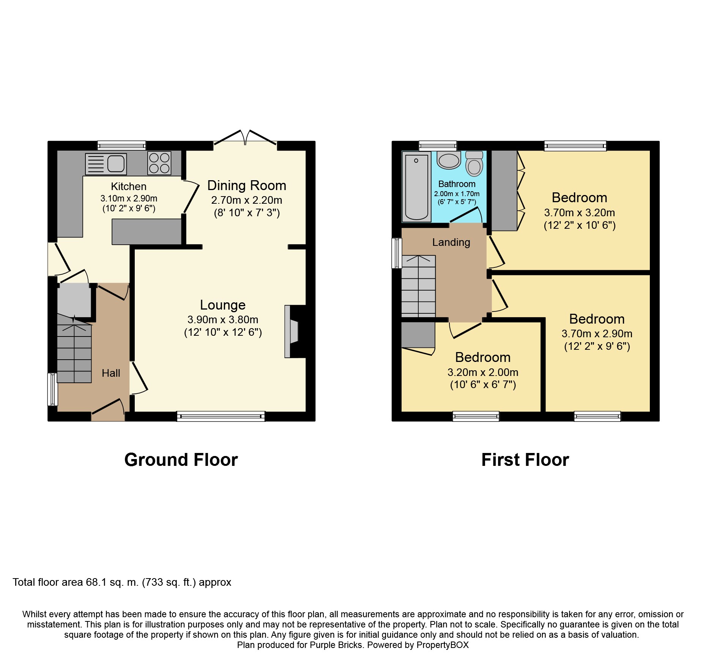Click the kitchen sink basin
pyautogui.click(x=116, y=164)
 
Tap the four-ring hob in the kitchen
pyautogui.click(x=159, y=163)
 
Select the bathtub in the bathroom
pyautogui.click(x=416, y=187)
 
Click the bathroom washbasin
pyautogui.click(x=449, y=160)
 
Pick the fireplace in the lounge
pyautogui.click(x=292, y=331)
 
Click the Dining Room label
pyautogui.click(x=247, y=186)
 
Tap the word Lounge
pyautogui.click(x=223, y=305)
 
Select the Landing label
pyautogui.click(x=451, y=242)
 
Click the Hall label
pyautogui.click(x=111, y=373)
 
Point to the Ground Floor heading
pyautogui.click(x=181, y=460)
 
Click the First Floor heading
pyautogui.click(x=525, y=460)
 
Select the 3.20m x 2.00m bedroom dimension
pyautogui.click(x=483, y=373)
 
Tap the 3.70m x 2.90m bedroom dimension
pyautogui.click(x=597, y=334)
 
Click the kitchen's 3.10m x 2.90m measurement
pyautogui.click(x=129, y=198)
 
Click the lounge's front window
pyautogui.click(x=221, y=416)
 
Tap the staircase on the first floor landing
pyautogui.click(x=418, y=286)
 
